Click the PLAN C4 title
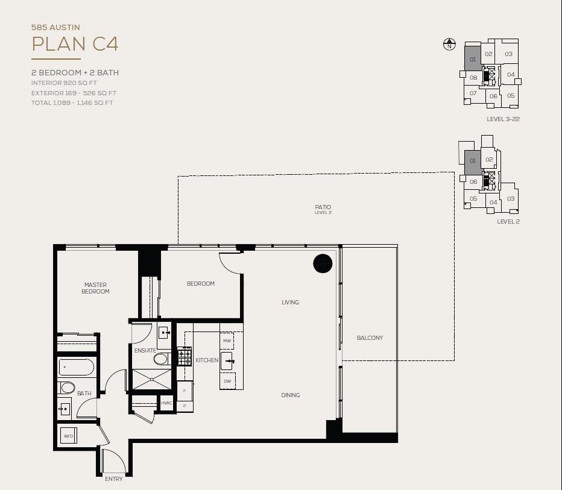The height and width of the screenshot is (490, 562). [x=75, y=44]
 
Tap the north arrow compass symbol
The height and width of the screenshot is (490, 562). [x=449, y=45]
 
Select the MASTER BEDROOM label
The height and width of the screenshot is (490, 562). [x=95, y=288]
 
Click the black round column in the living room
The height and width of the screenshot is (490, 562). [x=323, y=263]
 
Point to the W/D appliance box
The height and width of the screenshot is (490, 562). [x=69, y=436]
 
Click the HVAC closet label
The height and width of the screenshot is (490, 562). [x=166, y=403]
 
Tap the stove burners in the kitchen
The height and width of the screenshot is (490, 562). [x=185, y=356]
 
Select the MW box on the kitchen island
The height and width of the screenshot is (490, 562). [x=227, y=341]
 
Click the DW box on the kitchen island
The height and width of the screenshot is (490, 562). [x=227, y=381]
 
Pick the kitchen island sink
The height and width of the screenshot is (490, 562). [x=228, y=361]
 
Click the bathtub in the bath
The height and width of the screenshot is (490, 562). [x=77, y=367]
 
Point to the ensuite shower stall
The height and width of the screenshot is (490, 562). [x=151, y=379]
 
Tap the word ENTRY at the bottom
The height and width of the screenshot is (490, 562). [x=113, y=479]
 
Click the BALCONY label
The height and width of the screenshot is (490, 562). [x=370, y=338]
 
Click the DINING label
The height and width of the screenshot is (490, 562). [x=290, y=395]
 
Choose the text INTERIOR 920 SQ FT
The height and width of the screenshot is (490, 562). [x=64, y=83]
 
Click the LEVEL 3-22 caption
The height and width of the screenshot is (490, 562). [x=504, y=119]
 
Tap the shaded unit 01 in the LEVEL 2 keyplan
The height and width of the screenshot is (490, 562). [x=472, y=162]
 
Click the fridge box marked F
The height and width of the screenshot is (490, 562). [x=185, y=391]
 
